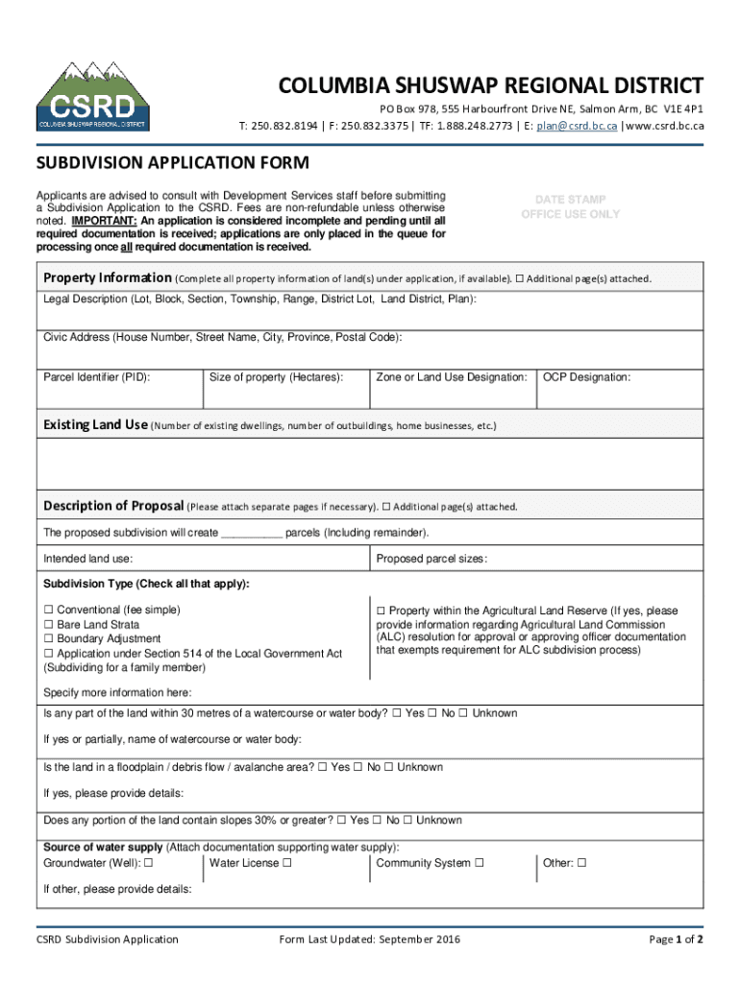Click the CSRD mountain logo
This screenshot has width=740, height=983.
92,96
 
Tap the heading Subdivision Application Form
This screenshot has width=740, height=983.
172,163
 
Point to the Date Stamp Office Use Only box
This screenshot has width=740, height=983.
570,207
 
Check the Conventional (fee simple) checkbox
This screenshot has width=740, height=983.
49,611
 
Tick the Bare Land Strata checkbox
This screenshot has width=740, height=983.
49,625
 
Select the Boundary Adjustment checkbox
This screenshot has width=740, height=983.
49,639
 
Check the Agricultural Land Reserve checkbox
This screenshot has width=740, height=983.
381,611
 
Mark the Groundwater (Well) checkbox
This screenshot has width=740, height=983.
149,863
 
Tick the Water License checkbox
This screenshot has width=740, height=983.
287,863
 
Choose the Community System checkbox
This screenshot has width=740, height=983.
480,863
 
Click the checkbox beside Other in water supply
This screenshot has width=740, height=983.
581,863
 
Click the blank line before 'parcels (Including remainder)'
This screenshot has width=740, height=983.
252,533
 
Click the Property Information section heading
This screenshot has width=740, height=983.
108,278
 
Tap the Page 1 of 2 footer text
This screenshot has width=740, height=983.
676,939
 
